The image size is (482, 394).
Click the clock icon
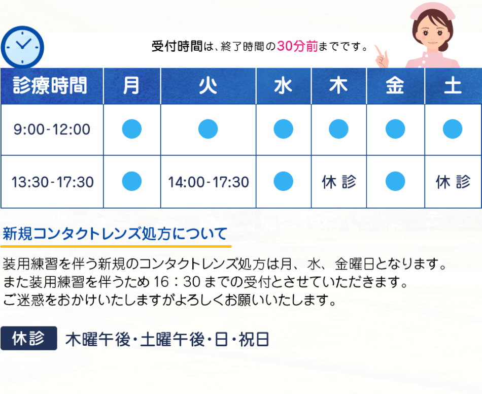(22, 47)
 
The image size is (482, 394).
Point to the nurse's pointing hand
(382, 56)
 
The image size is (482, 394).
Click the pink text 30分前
(297, 46)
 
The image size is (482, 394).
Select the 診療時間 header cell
(52, 86)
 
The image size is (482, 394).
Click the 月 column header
(132, 86)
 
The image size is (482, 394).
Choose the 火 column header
(208, 86)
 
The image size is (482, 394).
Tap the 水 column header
(284, 86)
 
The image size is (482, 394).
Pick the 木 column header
(339, 86)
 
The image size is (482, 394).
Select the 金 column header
(395, 86)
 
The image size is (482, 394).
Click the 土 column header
(453, 86)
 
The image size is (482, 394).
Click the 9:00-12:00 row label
(52, 129)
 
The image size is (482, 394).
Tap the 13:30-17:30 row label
(53, 182)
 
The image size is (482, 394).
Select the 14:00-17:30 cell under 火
(209, 182)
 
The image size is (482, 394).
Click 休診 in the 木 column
(339, 182)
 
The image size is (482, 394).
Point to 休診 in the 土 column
(453, 182)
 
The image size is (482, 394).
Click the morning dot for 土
(453, 129)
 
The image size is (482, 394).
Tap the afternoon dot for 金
(395, 181)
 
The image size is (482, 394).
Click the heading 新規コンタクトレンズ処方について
(115, 234)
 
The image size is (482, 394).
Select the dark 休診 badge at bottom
(29, 338)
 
